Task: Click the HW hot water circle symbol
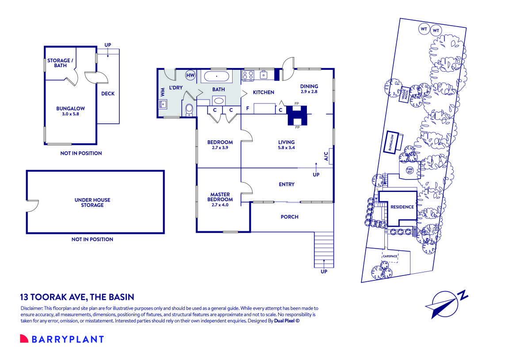click(x=191, y=76)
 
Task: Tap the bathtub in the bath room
click(x=216, y=77)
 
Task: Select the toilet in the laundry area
click(x=189, y=109)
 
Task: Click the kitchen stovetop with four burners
click(x=248, y=76)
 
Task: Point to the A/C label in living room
click(x=326, y=156)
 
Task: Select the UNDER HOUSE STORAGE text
click(x=92, y=203)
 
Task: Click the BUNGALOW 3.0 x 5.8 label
click(x=70, y=111)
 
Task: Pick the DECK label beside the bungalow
click(x=108, y=93)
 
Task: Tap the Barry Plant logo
click(x=62, y=339)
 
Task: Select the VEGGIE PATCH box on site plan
click(x=404, y=94)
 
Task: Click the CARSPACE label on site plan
click(x=390, y=256)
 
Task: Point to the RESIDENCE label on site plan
click(x=402, y=207)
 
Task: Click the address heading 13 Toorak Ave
click(x=77, y=297)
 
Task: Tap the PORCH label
click(x=290, y=217)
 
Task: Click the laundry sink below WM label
click(x=162, y=105)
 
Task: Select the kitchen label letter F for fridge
click(x=248, y=108)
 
